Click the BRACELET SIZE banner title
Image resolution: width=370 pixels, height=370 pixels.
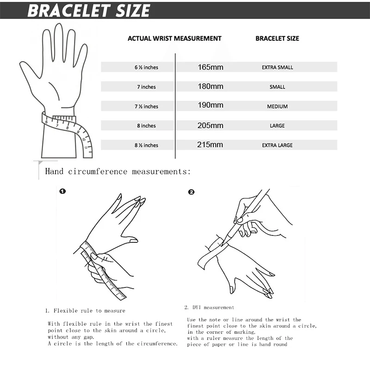pos(89,10)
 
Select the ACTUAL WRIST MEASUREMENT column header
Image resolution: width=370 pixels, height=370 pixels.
pos(174,38)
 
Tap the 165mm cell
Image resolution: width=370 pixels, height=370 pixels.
pos(210,68)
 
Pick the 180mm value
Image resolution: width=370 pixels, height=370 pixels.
pos(210,87)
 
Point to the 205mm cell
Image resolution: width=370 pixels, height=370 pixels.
pos(210,126)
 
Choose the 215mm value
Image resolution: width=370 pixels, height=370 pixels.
pos(210,145)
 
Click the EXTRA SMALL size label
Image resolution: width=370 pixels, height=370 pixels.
pos(277,68)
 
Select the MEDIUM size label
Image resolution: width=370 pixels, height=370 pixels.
pos(277,106)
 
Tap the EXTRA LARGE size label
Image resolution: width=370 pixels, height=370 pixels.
pos(277,145)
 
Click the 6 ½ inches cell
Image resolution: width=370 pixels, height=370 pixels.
pos(146,68)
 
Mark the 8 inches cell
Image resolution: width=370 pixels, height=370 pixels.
pos(146,126)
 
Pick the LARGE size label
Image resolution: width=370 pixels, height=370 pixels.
pos(277,126)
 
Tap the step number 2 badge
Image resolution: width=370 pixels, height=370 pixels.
pos(191,191)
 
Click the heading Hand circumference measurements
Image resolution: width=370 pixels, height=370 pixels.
pos(118,172)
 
